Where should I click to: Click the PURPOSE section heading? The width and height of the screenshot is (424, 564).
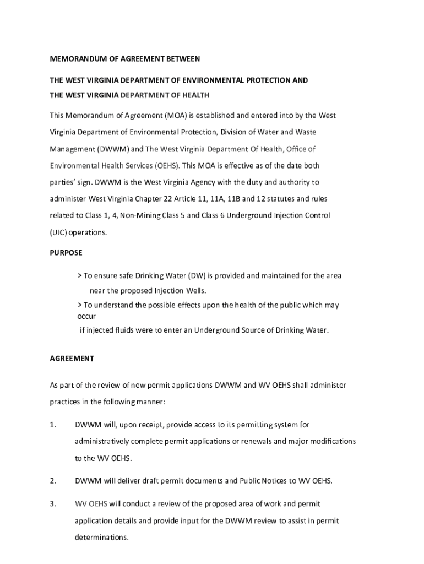click(x=66, y=253)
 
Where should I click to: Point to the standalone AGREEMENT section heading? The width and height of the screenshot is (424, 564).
click(x=72, y=359)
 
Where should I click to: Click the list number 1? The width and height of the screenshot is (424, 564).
click(x=53, y=425)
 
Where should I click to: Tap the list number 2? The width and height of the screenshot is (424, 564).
click(x=53, y=481)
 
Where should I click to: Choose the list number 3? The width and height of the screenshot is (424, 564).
click(x=53, y=504)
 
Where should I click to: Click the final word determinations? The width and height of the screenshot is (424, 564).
click(x=101, y=538)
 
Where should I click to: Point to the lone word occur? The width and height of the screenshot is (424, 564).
click(x=86, y=317)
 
